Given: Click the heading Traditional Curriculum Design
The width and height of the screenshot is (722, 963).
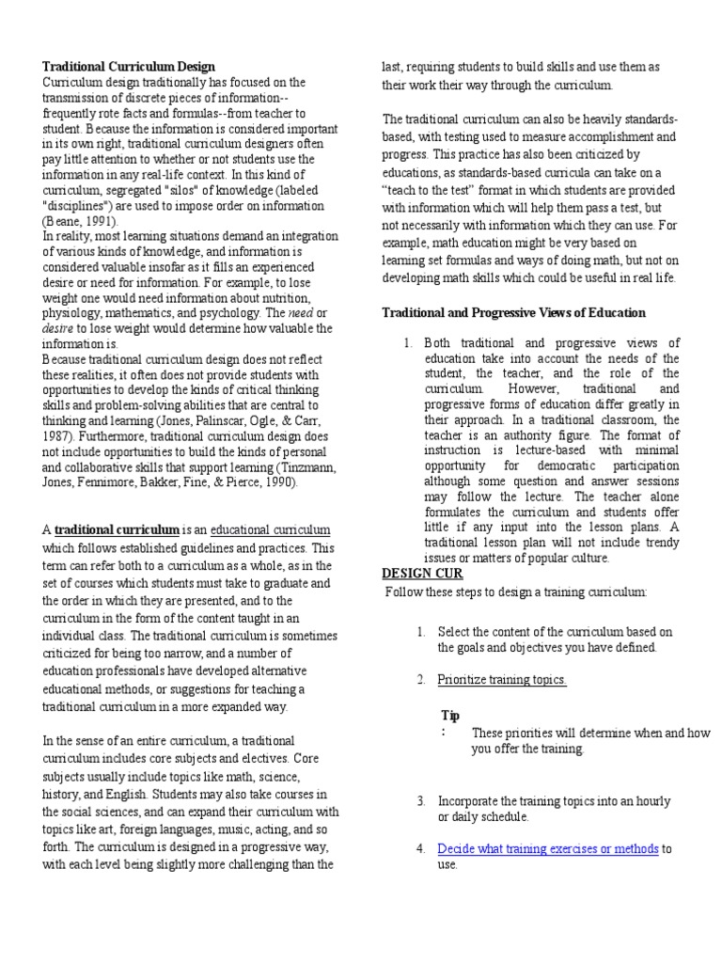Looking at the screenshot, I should pyautogui.click(x=129, y=67).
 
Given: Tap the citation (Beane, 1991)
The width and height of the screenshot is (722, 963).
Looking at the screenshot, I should pyautogui.click(x=81, y=222).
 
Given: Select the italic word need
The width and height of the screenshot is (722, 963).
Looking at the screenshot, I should pyautogui.click(x=301, y=312).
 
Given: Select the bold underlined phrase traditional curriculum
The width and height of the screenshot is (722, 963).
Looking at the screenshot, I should pyautogui.click(x=117, y=530).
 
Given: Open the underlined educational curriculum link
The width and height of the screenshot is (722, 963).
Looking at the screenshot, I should pyautogui.click(x=271, y=530).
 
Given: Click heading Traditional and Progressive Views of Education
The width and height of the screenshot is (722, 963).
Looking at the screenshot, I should pyautogui.click(x=513, y=312).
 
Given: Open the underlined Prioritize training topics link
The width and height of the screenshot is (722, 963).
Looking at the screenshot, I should pyautogui.click(x=502, y=679).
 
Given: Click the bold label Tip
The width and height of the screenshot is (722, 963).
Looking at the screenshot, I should pyautogui.click(x=449, y=715).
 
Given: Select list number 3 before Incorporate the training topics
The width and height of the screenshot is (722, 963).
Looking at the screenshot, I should pyautogui.click(x=421, y=800).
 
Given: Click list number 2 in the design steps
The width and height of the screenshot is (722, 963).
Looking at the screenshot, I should pyautogui.click(x=421, y=679).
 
